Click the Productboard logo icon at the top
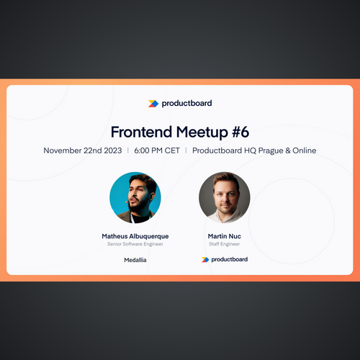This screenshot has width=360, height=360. point(153,104)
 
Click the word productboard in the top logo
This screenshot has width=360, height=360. point(186,104)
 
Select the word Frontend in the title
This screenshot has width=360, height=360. point(141,132)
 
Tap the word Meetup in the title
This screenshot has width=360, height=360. point(202,132)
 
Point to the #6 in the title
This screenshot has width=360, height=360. point(240,132)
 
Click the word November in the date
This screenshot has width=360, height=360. point(63,150)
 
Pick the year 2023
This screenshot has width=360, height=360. point(113,150)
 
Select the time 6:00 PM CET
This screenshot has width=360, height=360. point(157,150)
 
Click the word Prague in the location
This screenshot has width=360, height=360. point(271,151)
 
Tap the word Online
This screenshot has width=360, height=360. point(305,150)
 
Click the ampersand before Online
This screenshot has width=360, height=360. point(288,150)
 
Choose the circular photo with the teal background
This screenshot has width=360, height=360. point(135,197)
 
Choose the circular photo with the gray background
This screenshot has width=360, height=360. point(225,197)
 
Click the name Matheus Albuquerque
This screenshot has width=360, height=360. point(135,236)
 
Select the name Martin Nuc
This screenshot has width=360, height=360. point(225,236)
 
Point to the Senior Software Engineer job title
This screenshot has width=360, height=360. point(135,244)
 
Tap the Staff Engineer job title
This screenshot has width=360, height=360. point(225,244)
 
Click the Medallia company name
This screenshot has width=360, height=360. point(135,260)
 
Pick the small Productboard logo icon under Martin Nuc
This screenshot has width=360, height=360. point(205,259)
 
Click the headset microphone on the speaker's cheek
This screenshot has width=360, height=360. point(126,202)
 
